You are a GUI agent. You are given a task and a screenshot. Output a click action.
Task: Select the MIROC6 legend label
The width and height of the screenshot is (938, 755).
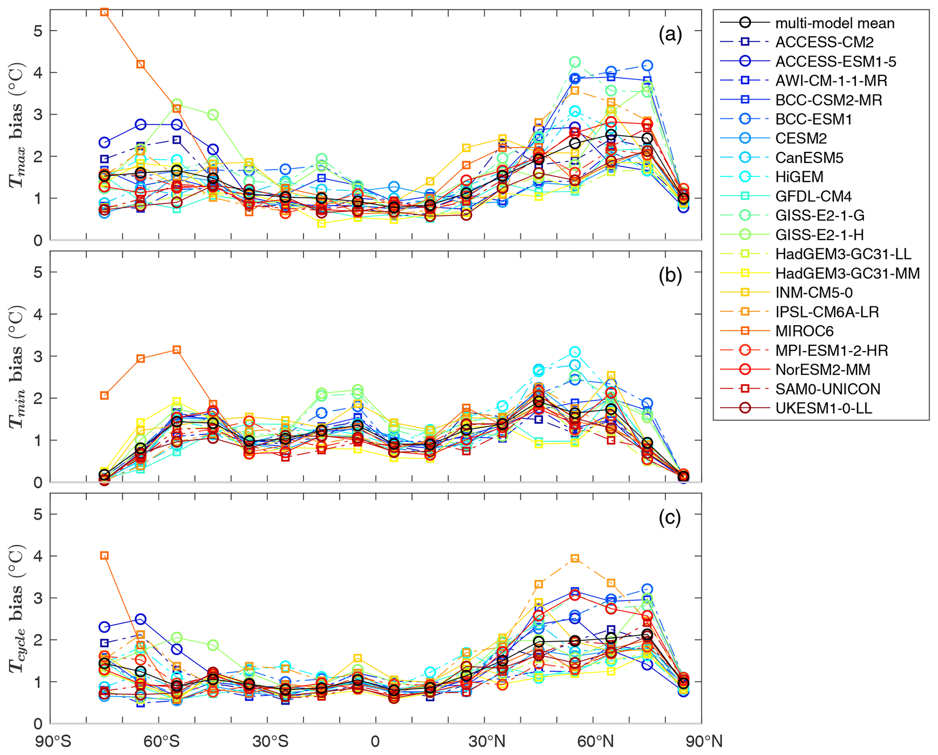pyautogui.click(x=804, y=331)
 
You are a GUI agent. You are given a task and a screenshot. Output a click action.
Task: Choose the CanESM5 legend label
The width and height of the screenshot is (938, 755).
pyautogui.click(x=809, y=158)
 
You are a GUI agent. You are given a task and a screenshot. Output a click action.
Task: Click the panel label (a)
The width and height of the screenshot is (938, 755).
pyautogui.click(x=670, y=35)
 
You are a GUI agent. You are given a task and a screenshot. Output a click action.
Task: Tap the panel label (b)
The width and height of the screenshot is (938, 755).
pyautogui.click(x=670, y=276)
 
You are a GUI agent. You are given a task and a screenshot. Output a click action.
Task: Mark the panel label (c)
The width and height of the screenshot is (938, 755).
pyautogui.click(x=670, y=518)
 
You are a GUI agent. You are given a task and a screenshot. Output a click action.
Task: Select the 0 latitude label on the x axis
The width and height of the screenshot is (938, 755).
pyautogui.click(x=375, y=742)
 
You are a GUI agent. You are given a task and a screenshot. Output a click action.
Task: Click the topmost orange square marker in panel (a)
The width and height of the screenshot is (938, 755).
pyautogui.click(x=104, y=12)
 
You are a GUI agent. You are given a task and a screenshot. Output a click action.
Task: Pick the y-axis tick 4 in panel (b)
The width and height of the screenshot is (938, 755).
pyautogui.click(x=38, y=314)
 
